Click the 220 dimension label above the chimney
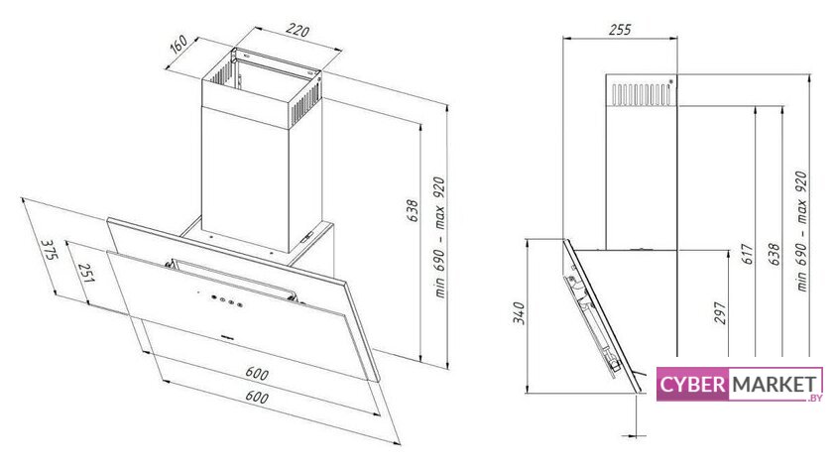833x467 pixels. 297,31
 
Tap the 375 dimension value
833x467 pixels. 49,250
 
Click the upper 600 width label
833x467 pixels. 257,373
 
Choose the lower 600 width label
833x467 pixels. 257,397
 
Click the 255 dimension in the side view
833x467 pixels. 620,29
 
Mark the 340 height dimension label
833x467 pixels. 519,313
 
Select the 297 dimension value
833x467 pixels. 720,313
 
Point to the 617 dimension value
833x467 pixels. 747,255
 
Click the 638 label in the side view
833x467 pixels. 774,255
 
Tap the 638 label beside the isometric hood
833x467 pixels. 413,211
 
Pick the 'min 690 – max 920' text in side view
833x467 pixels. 801,231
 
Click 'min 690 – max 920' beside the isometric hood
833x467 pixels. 439,238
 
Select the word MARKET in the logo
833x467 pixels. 774,384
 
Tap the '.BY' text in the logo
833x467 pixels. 814,398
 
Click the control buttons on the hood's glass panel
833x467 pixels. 226,300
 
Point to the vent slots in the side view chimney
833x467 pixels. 642,93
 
